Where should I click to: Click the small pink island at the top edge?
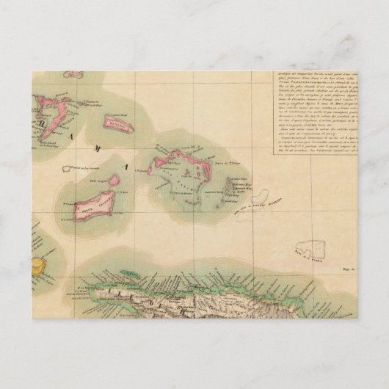pyautogui.click(x=73, y=74)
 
